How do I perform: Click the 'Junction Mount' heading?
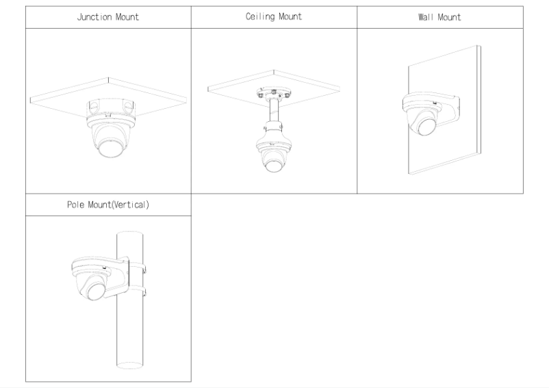(x=108, y=17)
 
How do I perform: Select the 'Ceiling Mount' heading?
(x=274, y=17)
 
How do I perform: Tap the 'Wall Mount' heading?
(x=439, y=17)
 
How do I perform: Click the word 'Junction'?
(x=94, y=17)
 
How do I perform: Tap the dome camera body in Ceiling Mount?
(x=273, y=148)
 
